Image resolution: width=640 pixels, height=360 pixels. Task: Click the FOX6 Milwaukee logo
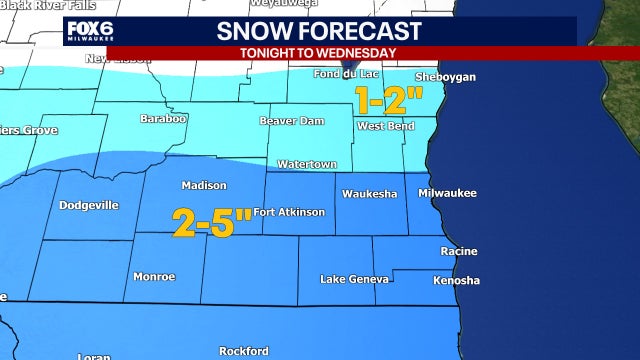87,33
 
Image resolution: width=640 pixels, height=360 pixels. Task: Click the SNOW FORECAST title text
319,31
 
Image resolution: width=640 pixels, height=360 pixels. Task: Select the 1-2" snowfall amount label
390,101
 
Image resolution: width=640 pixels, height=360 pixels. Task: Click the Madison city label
204,185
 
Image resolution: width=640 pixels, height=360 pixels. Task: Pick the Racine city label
458,251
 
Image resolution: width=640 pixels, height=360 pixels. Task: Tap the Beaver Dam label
288,121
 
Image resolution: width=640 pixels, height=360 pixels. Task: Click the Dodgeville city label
89,205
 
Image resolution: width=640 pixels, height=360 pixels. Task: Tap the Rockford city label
244,351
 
